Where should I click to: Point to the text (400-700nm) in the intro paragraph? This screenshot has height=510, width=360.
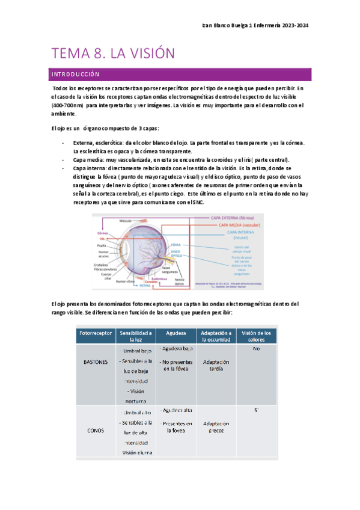(67, 105)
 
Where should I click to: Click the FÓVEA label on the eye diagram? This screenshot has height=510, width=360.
(176, 245)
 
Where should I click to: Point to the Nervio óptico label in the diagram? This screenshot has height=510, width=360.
(179, 280)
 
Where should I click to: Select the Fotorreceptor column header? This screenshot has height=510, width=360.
(96, 333)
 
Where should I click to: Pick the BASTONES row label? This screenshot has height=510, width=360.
(96, 363)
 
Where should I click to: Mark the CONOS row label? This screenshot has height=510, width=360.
(96, 430)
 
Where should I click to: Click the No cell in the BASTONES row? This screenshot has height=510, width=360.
(256, 349)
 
